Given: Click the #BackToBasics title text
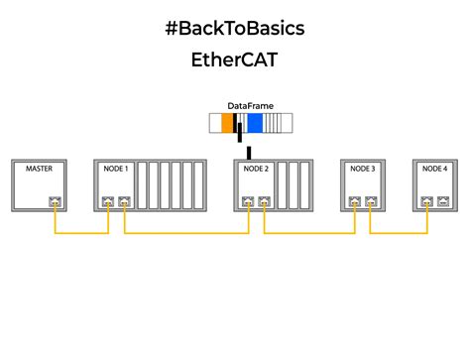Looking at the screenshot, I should pos(234,28).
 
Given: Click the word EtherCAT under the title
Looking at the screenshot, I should pos(234,60).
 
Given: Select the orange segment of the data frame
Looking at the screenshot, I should pos(227,124).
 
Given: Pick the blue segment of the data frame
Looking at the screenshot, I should pos(255,124).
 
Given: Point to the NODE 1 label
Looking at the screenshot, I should pos(115,169).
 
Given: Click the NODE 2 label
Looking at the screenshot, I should pos(256,169).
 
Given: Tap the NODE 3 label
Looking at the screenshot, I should pos(363,169).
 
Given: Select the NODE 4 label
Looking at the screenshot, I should pos(434,169).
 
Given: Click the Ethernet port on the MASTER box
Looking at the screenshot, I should pos(55,203).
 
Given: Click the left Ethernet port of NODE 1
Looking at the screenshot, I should pos(106,203).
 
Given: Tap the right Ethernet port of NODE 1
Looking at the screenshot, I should pos(124,203).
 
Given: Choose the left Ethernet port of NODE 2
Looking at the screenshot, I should pos(247,203).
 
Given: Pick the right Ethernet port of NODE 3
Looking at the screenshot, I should pos(371,203).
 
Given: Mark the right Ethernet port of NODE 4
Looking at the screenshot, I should pos(442,203).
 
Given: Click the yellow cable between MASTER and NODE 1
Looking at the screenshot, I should pos(80,234).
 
